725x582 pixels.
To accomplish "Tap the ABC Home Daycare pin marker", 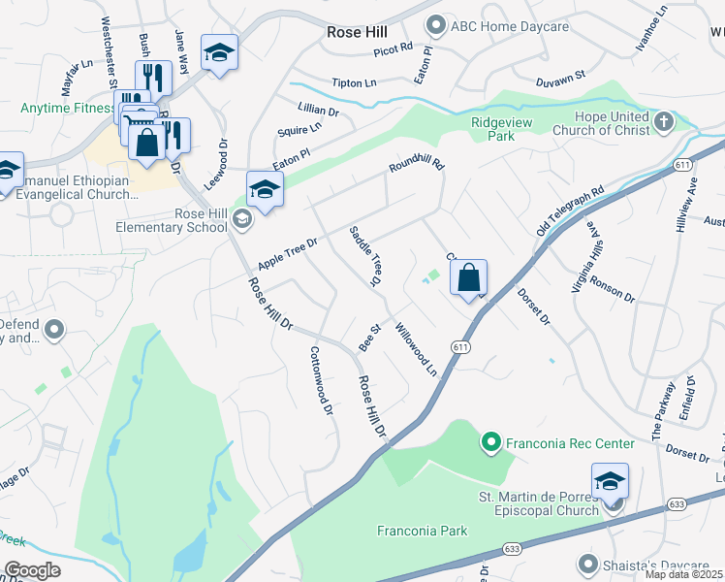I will [x=436, y=25].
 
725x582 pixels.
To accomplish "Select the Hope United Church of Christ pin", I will [x=664, y=121].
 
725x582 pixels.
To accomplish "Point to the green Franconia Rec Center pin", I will [x=490, y=443].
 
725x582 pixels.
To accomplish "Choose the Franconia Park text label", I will [x=422, y=531].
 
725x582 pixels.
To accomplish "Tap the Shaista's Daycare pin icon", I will [x=586, y=563].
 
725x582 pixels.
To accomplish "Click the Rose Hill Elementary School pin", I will [x=241, y=220].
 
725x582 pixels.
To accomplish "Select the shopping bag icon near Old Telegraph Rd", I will [x=468, y=279].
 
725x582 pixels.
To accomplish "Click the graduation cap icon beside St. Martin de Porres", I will [x=610, y=481].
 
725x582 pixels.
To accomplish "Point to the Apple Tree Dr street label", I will [x=288, y=255].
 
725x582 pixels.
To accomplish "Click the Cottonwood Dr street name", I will [x=321, y=381].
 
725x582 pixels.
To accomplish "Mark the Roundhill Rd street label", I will [x=416, y=167].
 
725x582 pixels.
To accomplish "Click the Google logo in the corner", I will [x=32, y=570].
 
